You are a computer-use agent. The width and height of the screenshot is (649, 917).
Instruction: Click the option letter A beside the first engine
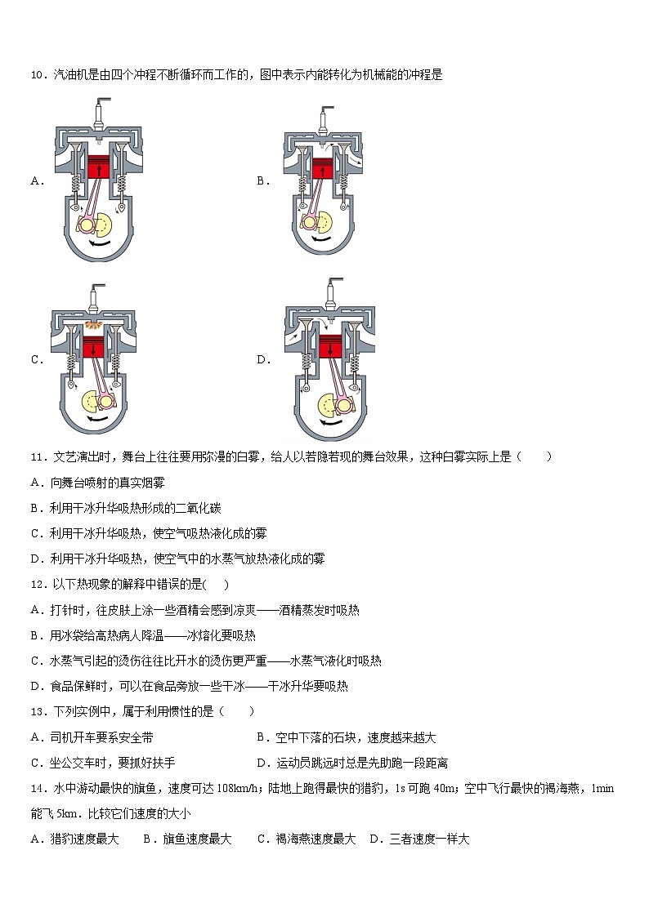tap(36, 181)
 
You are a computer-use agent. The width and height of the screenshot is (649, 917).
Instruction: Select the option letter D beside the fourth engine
tap(263, 360)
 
